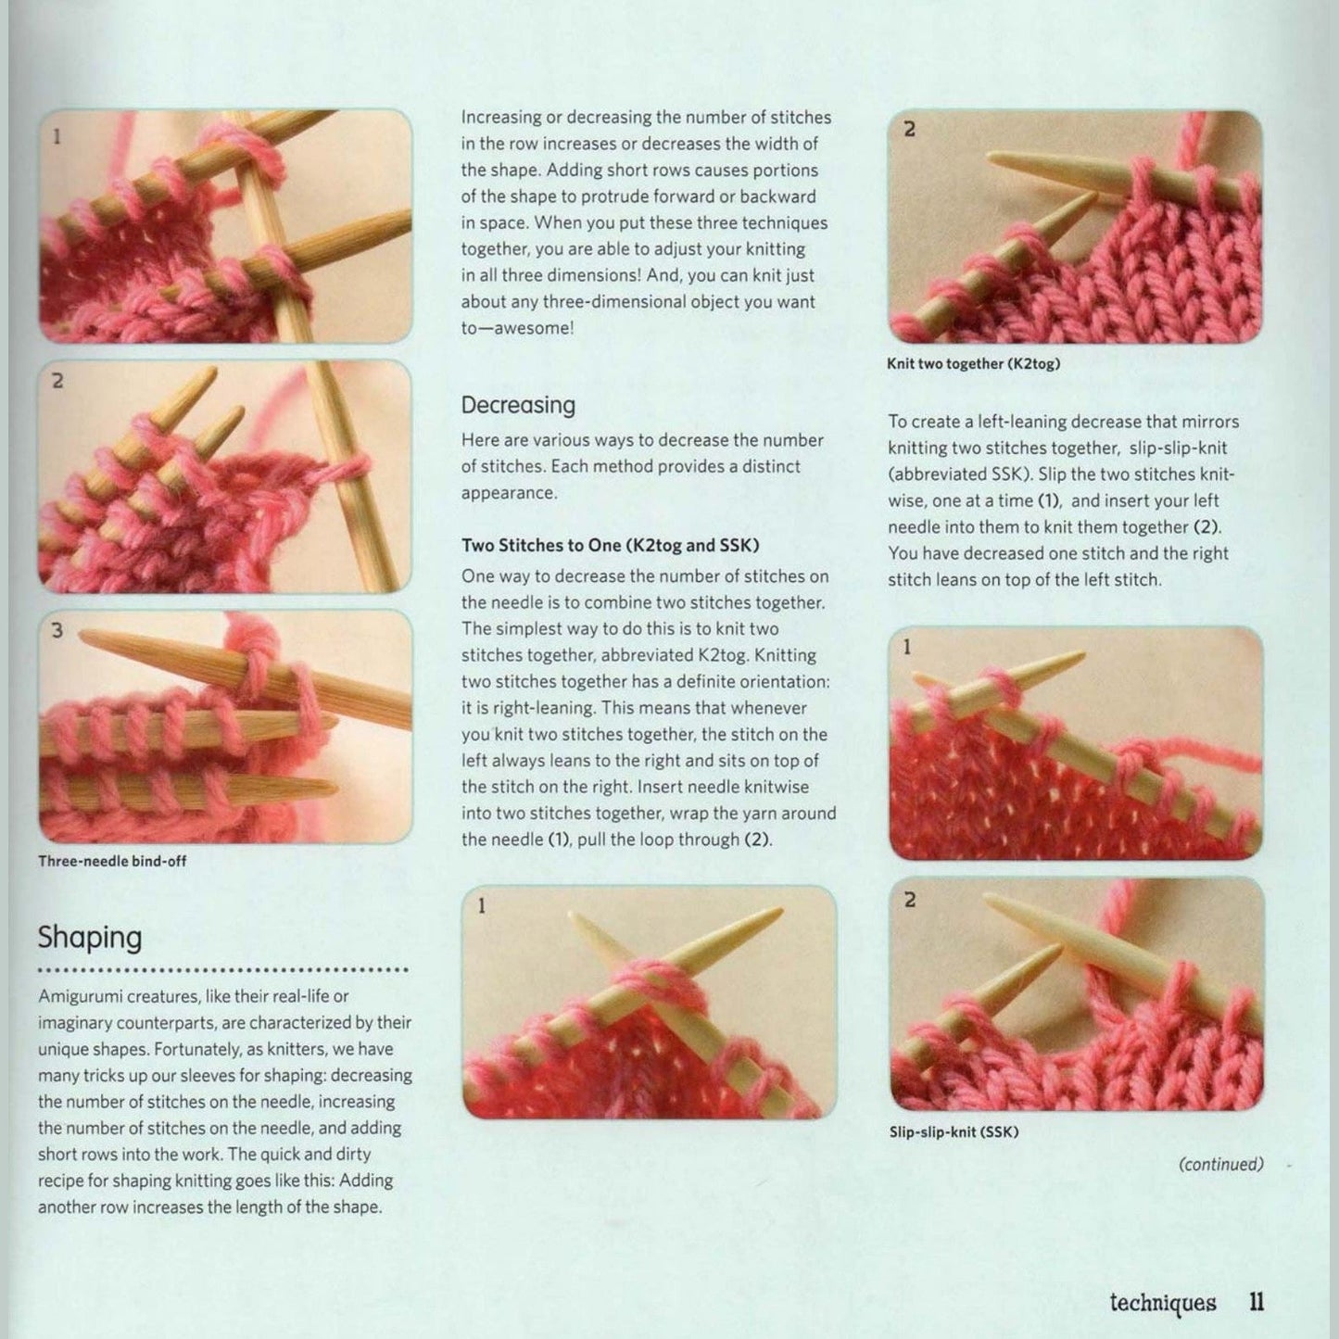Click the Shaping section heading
[90, 938]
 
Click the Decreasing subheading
[518, 405]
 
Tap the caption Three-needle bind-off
[112, 861]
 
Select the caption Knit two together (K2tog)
[973, 364]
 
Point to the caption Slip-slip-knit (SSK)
[954, 1131]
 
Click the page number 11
[1256, 1302]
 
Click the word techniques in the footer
[1163, 1303]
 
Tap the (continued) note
[1220, 1164]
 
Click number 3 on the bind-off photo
[57, 631]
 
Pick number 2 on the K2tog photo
[909, 130]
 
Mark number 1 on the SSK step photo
[907, 647]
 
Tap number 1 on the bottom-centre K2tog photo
[481, 906]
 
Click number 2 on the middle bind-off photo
[57, 381]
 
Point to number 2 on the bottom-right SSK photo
[909, 900]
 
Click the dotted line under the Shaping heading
[222, 970]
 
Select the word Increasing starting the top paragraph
[500, 118]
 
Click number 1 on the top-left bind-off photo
[57, 136]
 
